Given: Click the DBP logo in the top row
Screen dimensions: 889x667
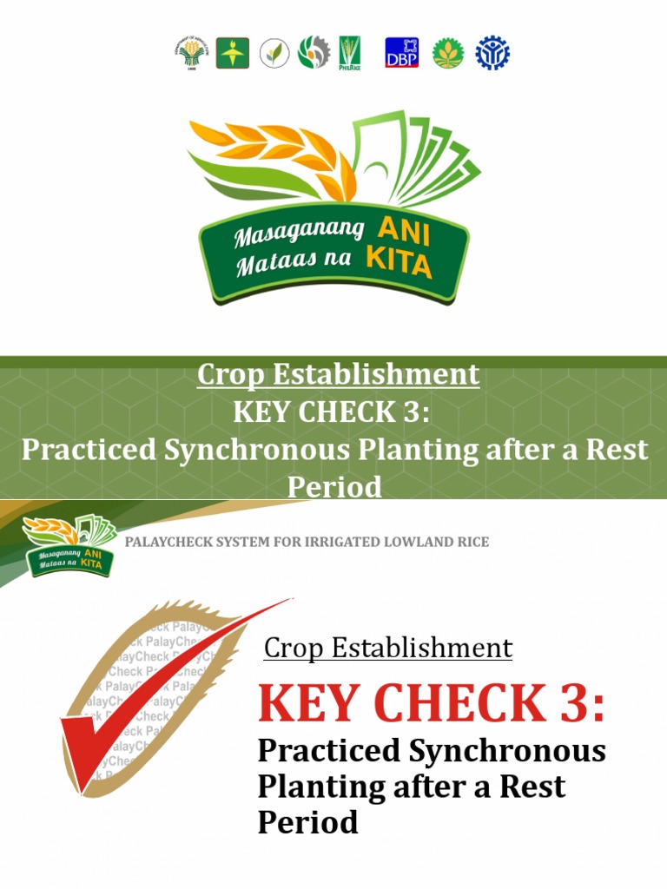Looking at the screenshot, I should click(x=400, y=53).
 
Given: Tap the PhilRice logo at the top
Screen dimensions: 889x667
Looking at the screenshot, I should click(x=349, y=53).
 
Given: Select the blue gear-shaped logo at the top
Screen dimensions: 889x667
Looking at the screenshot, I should click(x=492, y=53).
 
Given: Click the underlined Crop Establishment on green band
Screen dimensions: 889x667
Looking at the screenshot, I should click(x=338, y=374).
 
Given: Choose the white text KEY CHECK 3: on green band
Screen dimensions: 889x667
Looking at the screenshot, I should click(x=332, y=412).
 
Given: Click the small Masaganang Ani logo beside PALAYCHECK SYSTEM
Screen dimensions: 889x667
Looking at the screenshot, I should click(x=68, y=545).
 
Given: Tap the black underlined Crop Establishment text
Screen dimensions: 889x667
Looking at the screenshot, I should click(x=387, y=648).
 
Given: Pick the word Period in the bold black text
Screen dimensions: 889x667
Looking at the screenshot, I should click(x=308, y=821).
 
